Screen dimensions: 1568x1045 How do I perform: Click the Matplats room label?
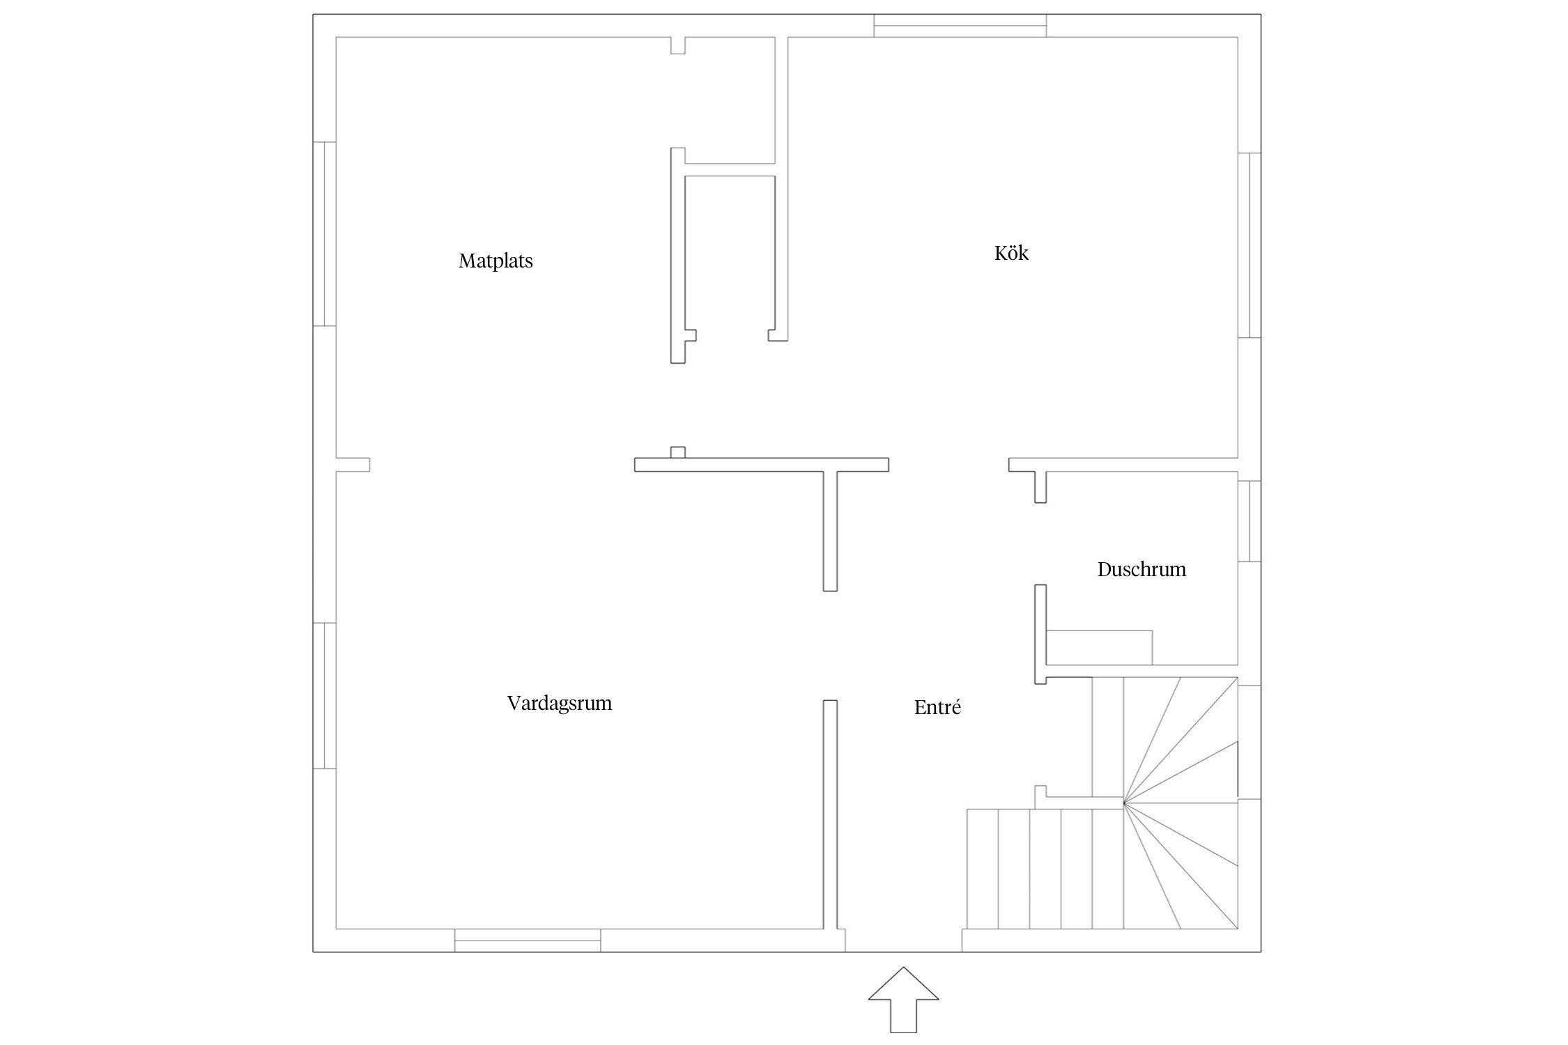coord(495,261)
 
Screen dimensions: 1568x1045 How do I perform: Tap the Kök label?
coord(1011,252)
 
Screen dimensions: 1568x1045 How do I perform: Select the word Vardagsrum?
coord(560,704)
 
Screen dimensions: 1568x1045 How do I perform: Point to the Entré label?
coord(937,707)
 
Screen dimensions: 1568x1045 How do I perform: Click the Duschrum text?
coord(1142,570)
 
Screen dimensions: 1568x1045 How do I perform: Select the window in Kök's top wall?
coord(960,26)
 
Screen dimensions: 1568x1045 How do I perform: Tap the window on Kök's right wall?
coord(1250,245)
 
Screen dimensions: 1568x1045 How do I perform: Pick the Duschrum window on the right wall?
coord(1250,521)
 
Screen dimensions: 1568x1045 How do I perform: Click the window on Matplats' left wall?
coord(325,233)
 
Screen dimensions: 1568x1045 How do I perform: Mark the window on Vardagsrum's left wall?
coord(325,695)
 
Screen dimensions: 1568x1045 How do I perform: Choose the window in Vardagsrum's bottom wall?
coord(528,940)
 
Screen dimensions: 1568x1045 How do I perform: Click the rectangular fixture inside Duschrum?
coord(1099,647)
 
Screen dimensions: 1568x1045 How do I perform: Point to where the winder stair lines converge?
coord(1123,803)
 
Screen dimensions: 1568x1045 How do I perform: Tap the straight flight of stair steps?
coord(1045,869)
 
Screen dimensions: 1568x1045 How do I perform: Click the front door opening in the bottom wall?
coord(903,940)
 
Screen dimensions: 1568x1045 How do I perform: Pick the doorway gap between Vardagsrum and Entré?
coord(830,645)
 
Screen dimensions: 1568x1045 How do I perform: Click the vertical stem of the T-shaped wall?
coord(830,531)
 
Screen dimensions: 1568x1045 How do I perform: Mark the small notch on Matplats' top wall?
coord(678,45)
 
